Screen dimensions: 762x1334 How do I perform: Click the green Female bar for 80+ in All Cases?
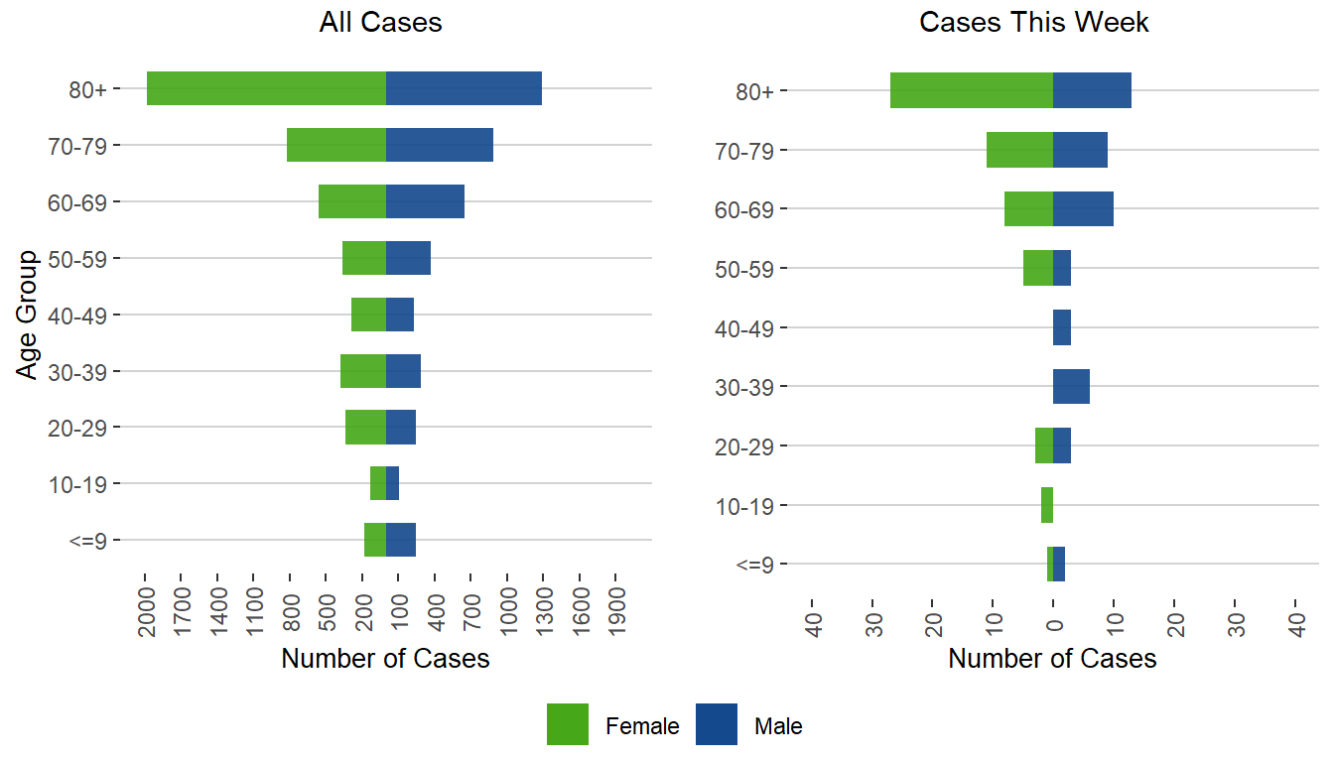click(x=266, y=88)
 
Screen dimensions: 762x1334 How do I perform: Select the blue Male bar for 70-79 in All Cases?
click(x=440, y=145)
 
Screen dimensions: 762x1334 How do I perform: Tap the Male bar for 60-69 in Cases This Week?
click(x=1083, y=209)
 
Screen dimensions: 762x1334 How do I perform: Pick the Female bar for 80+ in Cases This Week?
click(x=972, y=90)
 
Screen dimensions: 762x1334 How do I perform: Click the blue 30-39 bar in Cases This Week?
click(x=1071, y=386)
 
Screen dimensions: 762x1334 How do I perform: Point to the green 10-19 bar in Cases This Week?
click(x=1047, y=505)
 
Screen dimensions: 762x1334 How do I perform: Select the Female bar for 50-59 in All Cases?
click(x=364, y=258)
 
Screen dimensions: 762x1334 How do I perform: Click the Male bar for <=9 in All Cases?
click(x=401, y=540)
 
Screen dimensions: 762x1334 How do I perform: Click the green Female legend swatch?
click(x=568, y=724)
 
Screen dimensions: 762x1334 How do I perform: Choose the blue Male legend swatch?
click(x=717, y=724)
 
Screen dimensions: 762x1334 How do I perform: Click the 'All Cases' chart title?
click(x=380, y=23)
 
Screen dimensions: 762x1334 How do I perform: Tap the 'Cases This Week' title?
click(x=1034, y=23)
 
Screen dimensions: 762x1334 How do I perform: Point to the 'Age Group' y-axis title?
click(x=28, y=315)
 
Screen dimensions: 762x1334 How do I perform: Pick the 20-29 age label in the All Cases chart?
click(x=84, y=428)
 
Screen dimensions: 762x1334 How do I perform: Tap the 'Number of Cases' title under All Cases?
click(x=385, y=659)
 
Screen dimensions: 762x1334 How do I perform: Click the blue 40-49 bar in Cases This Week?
click(x=1062, y=327)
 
